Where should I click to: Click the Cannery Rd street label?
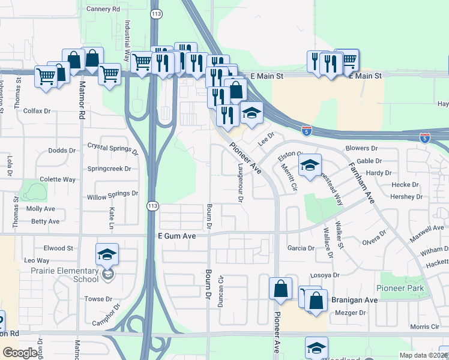103,9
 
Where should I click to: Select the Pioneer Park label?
401,288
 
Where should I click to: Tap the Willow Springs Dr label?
113,195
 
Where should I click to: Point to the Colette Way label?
58,179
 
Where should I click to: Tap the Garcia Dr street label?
301,248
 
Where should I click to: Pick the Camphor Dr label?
106,316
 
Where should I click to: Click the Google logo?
20,353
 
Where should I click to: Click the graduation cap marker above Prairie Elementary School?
107,254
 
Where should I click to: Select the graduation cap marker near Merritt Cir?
310,166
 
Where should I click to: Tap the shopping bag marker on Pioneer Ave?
280,289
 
